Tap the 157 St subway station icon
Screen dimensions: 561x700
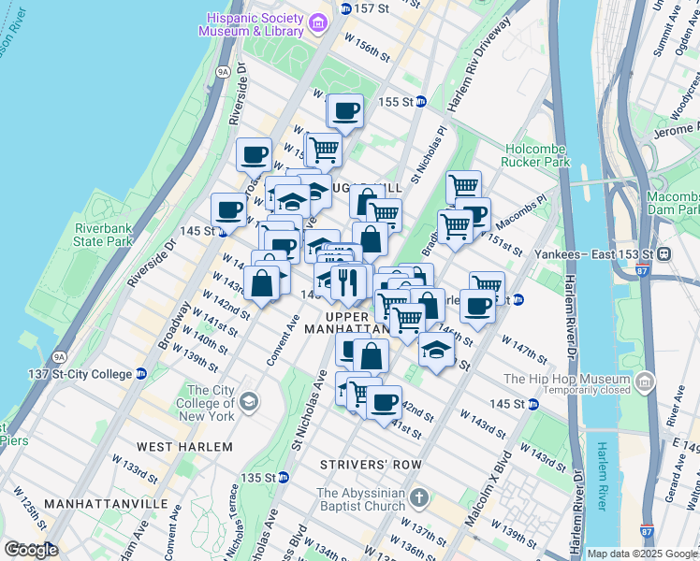tap(345, 8)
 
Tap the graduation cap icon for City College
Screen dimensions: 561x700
tap(248, 402)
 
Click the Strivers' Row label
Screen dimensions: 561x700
tap(360, 465)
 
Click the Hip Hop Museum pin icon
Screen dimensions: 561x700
tap(644, 381)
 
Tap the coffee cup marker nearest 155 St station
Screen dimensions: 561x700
tap(345, 111)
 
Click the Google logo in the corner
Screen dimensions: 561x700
tap(31, 550)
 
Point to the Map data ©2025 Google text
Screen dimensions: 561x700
tap(641, 554)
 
